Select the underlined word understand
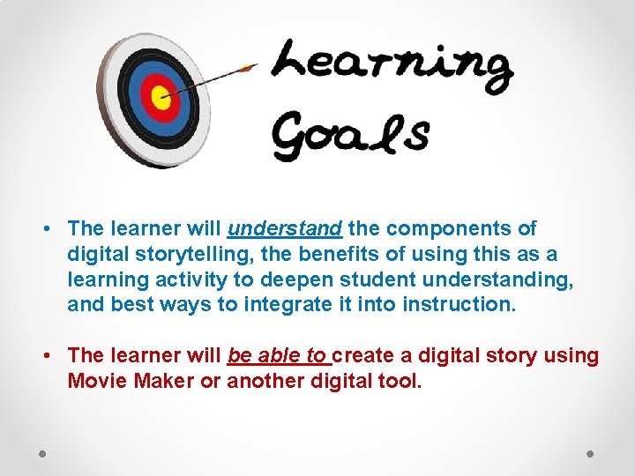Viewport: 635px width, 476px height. (285, 229)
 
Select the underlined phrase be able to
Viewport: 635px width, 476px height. (277, 356)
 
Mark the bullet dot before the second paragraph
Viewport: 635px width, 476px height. (44, 357)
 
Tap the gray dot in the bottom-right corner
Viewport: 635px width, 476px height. (591, 454)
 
